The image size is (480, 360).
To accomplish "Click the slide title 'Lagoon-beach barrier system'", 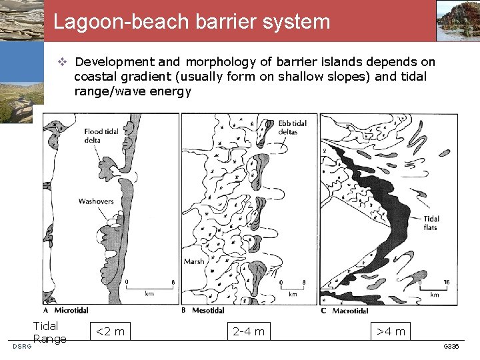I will click(x=192, y=21).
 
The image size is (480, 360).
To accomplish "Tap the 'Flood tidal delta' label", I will click(x=101, y=136).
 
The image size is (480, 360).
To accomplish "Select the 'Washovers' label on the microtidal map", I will click(x=96, y=201).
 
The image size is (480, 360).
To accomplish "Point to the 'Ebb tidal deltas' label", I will click(x=293, y=127).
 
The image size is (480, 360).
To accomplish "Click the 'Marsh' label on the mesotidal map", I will click(x=194, y=261).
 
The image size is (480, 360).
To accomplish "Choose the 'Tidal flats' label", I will click(x=431, y=223).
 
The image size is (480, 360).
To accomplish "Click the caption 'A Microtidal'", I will click(x=66, y=310).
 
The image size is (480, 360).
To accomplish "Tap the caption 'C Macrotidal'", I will click(x=345, y=310).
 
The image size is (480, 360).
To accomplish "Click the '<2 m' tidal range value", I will click(x=111, y=331).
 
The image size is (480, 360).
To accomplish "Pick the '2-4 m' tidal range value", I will click(x=248, y=331).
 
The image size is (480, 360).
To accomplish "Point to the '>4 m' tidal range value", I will click(x=391, y=331).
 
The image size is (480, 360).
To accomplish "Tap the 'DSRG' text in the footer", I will click(x=21, y=346).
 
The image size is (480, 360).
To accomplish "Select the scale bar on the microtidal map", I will click(x=150, y=287).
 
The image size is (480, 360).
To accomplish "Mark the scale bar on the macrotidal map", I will click(x=433, y=287).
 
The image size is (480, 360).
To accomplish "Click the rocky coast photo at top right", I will click(x=458, y=21).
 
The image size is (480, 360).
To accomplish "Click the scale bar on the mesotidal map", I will click(x=292, y=287).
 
